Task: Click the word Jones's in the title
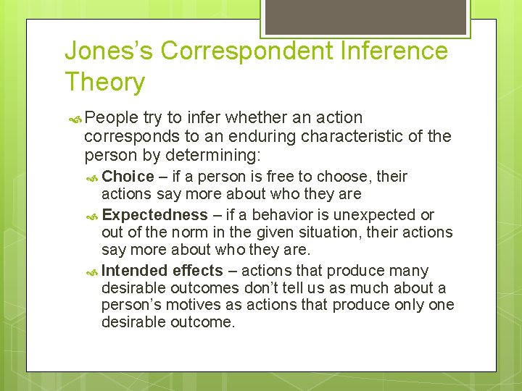108,51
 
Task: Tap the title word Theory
104,82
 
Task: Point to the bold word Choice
128,177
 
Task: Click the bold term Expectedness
154,215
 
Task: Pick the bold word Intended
136,271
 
